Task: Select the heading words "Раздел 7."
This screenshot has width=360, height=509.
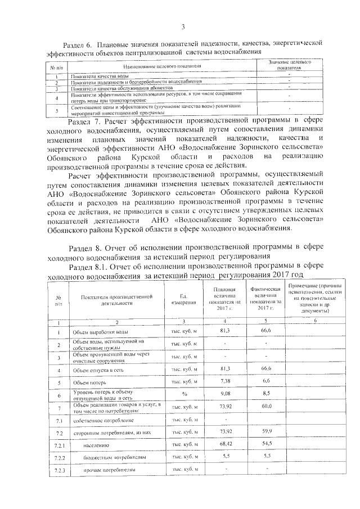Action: pyautogui.click(x=84, y=120)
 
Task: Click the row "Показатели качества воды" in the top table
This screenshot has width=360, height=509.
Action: pyautogui.click(x=96, y=76)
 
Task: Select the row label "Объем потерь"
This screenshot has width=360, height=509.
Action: pyautogui.click(x=91, y=382)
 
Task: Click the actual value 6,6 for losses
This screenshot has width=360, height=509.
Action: pyautogui.click(x=266, y=381)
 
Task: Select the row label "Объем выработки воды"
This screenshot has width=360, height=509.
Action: pyautogui.click(x=98, y=332)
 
